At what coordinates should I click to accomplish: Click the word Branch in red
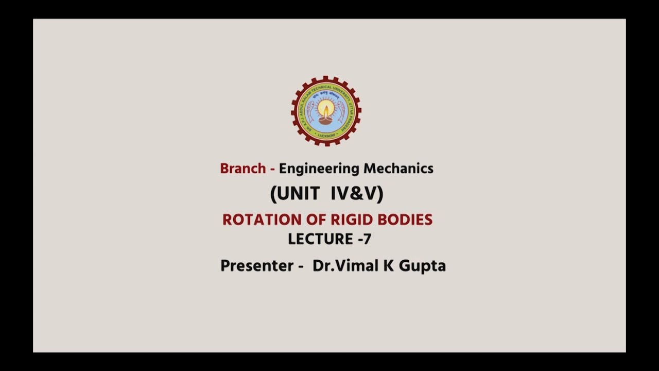pyautogui.click(x=242, y=168)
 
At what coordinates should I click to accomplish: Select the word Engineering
pyautogui.click(x=319, y=168)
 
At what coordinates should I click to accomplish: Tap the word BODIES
pyautogui.click(x=405, y=220)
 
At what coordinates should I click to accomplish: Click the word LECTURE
pyautogui.click(x=320, y=239)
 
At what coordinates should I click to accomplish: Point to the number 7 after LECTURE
pyautogui.click(x=367, y=239)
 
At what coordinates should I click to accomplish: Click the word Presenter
pyautogui.click(x=256, y=266)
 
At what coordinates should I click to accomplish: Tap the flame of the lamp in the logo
pyautogui.click(x=325, y=108)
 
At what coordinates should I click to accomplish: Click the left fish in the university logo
pyautogui.click(x=310, y=110)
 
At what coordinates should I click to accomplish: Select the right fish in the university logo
pyautogui.click(x=341, y=110)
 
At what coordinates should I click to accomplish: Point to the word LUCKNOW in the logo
pyautogui.click(x=326, y=135)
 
